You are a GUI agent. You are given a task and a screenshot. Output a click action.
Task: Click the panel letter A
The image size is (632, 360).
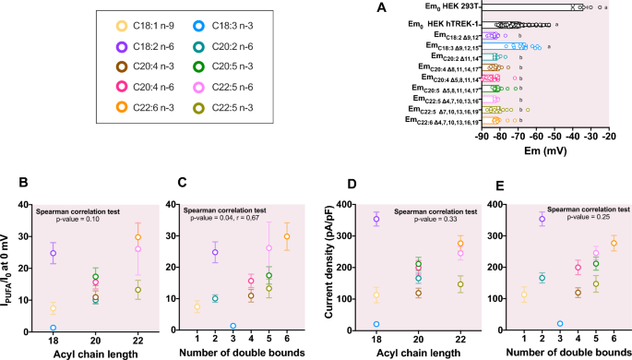pyautogui.click(x=380, y=8)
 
